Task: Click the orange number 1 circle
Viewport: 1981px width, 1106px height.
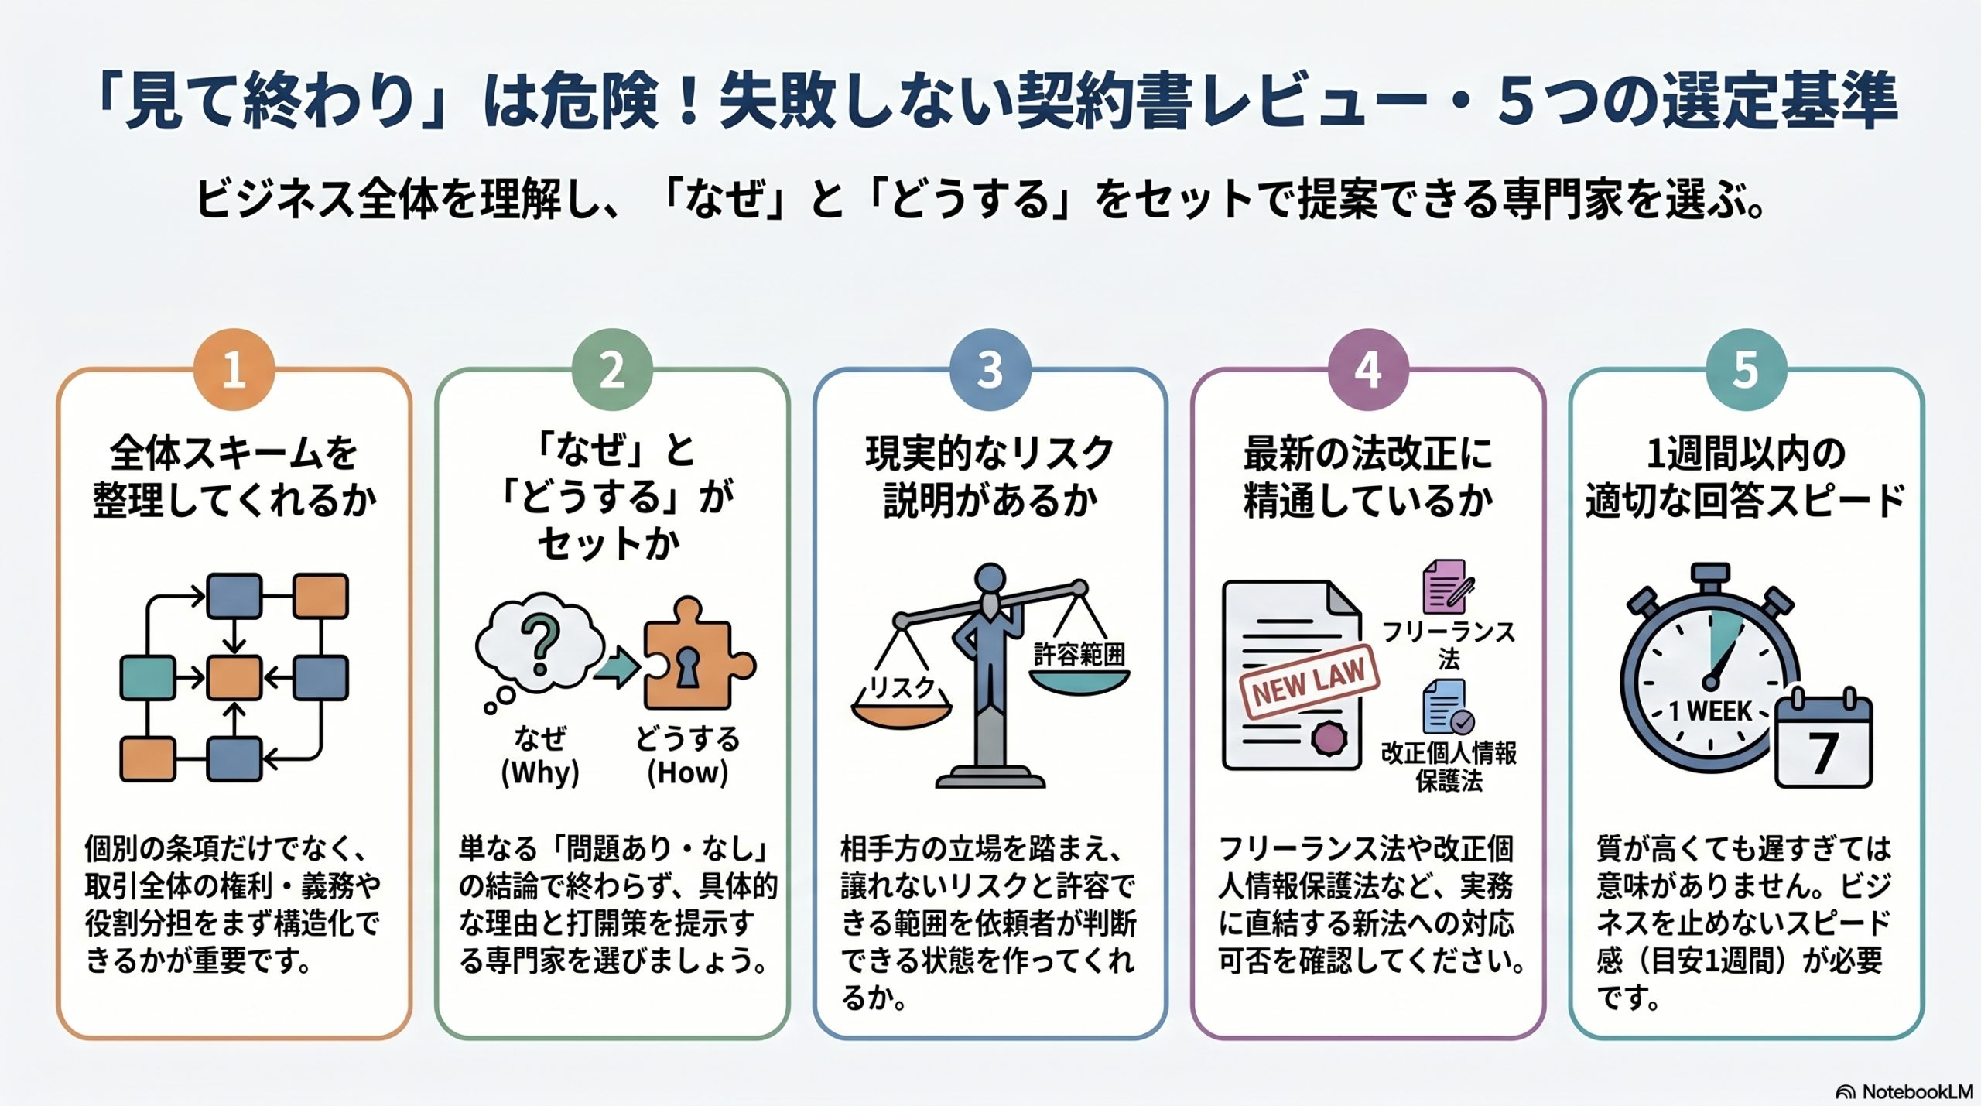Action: (234, 369)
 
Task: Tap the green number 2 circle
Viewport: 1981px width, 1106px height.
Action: (611, 369)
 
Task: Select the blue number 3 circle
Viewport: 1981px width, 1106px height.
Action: (990, 369)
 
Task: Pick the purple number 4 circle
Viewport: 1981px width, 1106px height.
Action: (1367, 369)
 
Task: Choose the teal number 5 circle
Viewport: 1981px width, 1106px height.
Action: (1746, 369)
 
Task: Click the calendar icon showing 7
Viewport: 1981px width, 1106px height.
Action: (1823, 741)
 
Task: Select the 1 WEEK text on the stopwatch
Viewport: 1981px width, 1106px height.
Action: (1710, 711)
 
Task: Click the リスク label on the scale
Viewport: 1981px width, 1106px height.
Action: (902, 687)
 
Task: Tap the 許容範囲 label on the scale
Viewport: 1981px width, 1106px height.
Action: (1079, 655)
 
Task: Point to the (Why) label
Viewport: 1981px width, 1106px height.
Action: (540, 772)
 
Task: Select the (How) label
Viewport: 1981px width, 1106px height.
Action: (687, 772)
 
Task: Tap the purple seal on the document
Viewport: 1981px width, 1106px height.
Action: (1329, 738)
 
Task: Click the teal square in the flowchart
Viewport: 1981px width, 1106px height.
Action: (148, 677)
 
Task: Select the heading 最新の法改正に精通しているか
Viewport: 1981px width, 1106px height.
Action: (1367, 476)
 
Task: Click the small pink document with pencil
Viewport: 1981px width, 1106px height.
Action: (1446, 587)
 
